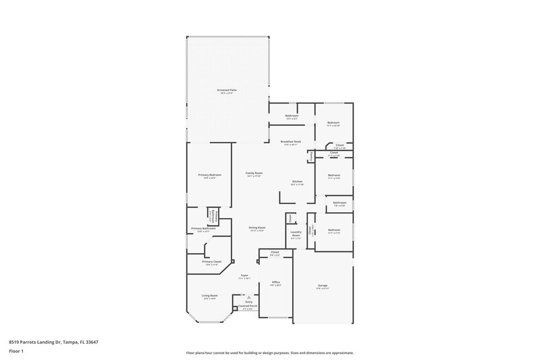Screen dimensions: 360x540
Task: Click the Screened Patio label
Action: (227, 90)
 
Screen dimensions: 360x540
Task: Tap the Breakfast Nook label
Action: (291, 142)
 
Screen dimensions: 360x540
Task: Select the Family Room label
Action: (254, 173)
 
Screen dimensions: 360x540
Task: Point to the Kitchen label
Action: (297, 182)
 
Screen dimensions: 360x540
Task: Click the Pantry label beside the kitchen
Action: (310, 157)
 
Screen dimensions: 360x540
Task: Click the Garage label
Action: (323, 286)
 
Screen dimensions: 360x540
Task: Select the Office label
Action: (275, 282)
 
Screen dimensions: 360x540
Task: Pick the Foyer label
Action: (244, 275)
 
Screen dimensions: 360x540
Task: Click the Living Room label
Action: (209, 296)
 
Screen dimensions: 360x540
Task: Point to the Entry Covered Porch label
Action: (248, 304)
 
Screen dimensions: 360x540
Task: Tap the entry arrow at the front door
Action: (248, 296)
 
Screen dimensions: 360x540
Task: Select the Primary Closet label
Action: (211, 261)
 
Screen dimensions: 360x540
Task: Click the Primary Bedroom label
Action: (209, 175)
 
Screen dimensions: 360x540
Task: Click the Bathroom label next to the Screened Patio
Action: (292, 115)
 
